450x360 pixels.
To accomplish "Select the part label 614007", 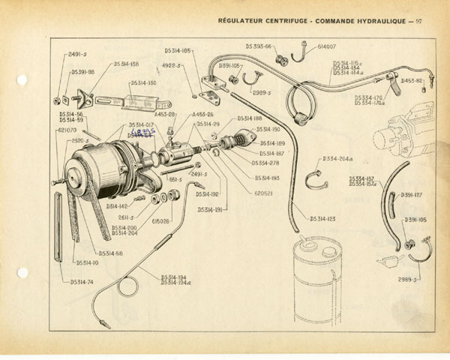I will pos(326,47).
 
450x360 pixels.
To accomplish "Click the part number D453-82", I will pos(411,80).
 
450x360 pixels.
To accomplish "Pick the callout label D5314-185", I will pos(178,51).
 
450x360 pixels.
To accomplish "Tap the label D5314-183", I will pos(322,218).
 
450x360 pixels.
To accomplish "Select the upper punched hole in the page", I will pos(21,79).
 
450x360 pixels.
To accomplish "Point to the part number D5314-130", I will pos(143,82).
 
